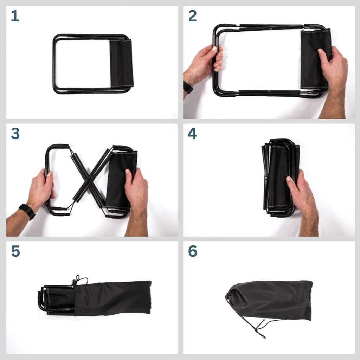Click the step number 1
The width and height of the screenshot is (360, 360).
pyautogui.click(x=15, y=16)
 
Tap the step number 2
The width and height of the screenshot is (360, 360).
pyautogui.click(x=192, y=16)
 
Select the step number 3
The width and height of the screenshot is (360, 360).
pyautogui.click(x=15, y=134)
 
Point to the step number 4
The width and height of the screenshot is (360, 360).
pyautogui.click(x=192, y=134)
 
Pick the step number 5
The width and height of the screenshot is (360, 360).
pyautogui.click(x=15, y=251)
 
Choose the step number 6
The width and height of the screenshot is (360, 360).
pyautogui.click(x=193, y=251)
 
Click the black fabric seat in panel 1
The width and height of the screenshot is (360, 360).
pyautogui.click(x=121, y=63)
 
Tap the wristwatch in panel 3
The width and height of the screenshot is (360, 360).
pyautogui.click(x=27, y=211)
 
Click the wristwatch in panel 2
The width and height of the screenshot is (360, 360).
pyautogui.click(x=188, y=87)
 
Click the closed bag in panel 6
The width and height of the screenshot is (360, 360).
pyautogui.click(x=269, y=300)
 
